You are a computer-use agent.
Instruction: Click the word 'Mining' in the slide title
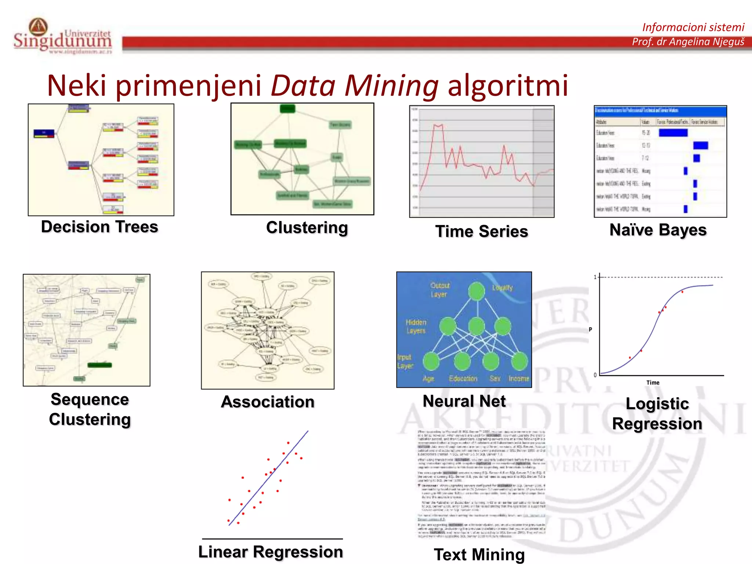click(391, 86)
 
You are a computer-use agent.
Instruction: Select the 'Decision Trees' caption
click(100, 227)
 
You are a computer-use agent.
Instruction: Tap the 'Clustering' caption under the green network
click(307, 228)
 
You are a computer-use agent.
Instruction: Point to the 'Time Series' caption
click(481, 231)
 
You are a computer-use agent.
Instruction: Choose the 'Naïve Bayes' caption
click(658, 230)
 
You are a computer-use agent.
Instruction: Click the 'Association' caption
click(268, 402)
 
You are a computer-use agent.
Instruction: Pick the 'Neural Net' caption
click(464, 401)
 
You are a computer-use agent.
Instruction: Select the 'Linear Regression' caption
click(271, 552)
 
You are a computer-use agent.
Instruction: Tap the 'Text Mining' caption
click(479, 554)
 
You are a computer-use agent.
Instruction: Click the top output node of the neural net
click(477, 291)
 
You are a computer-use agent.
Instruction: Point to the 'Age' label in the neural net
click(428, 378)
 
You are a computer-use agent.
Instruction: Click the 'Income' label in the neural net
click(518, 378)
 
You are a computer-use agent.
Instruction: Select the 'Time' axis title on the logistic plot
click(652, 383)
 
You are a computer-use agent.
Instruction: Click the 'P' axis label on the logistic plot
click(590, 329)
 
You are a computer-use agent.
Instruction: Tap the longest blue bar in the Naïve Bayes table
click(673, 133)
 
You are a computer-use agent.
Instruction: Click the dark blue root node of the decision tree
click(44, 133)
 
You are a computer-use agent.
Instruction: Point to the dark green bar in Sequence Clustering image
click(100, 365)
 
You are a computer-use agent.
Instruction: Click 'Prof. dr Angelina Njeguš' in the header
click(688, 42)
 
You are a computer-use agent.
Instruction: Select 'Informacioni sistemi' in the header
click(693, 27)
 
